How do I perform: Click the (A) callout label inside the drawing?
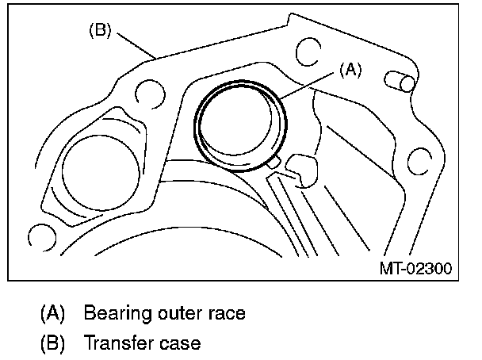tap(350, 70)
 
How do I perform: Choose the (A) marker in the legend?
tap(53, 313)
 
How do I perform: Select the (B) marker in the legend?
tap(53, 344)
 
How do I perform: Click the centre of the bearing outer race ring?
tap(242, 125)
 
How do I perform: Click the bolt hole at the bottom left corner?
tap(38, 236)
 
